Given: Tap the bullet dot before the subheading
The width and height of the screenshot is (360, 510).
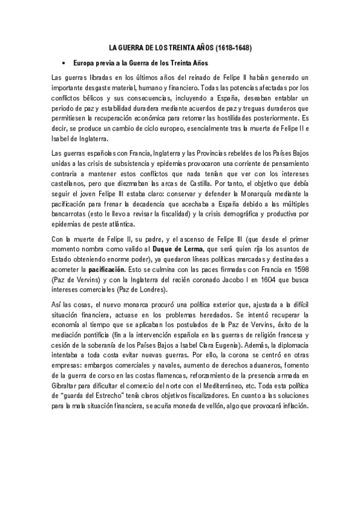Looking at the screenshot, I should tap(63, 63).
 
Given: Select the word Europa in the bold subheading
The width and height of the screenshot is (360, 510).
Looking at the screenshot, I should tap(84, 63).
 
